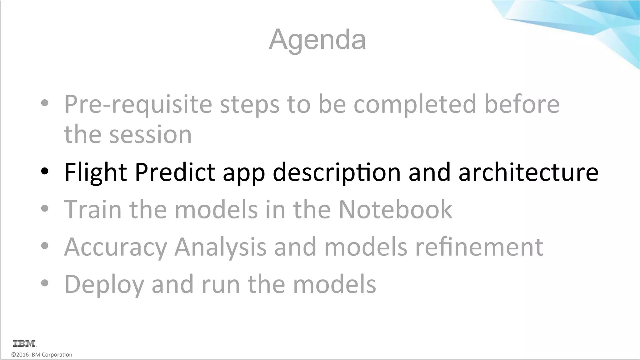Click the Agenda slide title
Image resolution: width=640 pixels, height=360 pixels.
pos(317,40)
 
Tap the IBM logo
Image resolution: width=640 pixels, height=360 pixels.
pos(25,343)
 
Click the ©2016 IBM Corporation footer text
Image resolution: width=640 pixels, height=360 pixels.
pos(42,355)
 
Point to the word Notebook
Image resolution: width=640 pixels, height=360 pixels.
pos(395,209)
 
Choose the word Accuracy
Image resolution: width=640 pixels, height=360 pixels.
pos(116,247)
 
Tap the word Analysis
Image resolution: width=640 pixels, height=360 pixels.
pos(220,247)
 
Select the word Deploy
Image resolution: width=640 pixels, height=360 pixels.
pos(104,284)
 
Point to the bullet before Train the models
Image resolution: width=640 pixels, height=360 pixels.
pos(45,208)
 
